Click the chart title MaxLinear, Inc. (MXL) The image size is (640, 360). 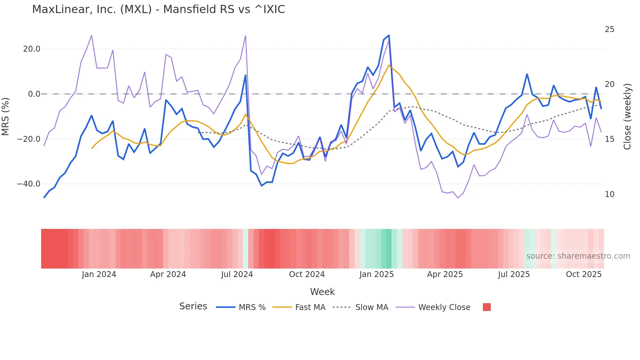158,9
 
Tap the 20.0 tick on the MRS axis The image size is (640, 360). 32,49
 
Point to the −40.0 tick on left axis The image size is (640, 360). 29,184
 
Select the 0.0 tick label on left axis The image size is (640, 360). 34,94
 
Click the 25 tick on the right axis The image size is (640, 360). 609,29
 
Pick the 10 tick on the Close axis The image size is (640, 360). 609,194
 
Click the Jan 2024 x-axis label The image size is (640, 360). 99,274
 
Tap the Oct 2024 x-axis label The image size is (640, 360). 307,274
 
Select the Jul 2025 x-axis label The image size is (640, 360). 514,274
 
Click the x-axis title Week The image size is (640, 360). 322,292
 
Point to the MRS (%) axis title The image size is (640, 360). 6,117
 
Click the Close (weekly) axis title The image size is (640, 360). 627,117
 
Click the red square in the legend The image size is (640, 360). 487,307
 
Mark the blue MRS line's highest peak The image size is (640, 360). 389,35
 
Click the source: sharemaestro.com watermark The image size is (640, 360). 578,256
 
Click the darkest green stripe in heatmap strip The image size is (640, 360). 389,249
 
